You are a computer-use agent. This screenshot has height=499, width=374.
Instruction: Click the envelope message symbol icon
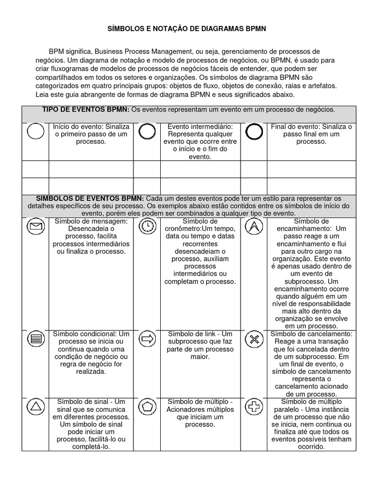35,226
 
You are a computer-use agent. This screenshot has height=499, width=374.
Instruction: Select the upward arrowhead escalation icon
254,226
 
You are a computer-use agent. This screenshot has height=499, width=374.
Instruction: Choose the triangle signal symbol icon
35,406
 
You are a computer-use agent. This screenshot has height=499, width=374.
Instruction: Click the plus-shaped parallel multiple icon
254,407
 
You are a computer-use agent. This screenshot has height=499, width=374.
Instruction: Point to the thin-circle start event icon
35,132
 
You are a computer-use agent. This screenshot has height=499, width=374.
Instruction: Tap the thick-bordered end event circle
254,132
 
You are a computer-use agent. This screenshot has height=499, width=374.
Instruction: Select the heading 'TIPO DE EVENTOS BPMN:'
86,110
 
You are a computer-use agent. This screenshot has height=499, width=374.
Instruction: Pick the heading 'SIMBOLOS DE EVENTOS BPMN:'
90,198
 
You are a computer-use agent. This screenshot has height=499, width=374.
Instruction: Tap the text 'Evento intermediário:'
200,127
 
